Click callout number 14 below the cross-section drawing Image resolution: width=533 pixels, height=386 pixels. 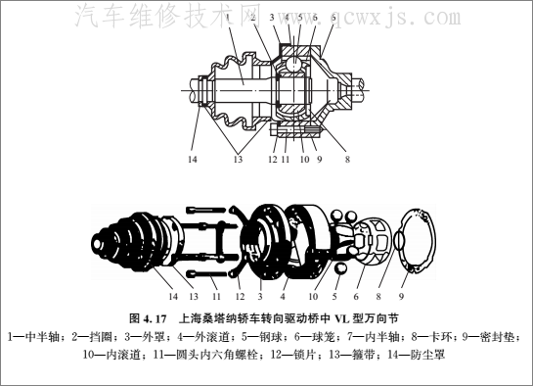(x=193, y=159)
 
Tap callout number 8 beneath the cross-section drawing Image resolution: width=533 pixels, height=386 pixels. (x=347, y=159)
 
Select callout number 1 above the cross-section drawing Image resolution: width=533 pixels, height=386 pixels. (x=228, y=17)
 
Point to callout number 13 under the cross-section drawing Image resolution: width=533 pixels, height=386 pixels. (x=238, y=159)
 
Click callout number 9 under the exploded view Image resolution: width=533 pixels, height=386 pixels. (x=401, y=296)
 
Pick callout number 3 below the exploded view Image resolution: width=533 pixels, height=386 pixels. (x=260, y=296)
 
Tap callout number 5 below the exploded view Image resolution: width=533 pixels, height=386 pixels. (x=334, y=296)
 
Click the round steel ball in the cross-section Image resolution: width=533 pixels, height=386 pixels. (x=292, y=64)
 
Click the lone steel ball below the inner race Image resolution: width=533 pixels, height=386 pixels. (x=340, y=268)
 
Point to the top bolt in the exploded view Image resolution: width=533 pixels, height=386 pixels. (x=205, y=210)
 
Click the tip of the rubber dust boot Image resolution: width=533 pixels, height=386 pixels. (x=98, y=244)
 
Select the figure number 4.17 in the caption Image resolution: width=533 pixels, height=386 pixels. (x=155, y=319)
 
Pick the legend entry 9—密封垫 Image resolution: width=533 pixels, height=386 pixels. (x=490, y=337)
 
